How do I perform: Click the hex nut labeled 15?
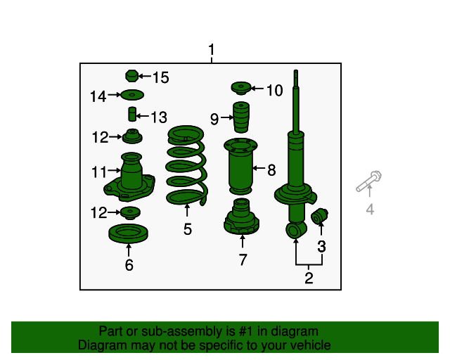[x=131, y=77]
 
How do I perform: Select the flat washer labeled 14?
[x=132, y=95]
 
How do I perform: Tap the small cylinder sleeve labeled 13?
[x=132, y=114]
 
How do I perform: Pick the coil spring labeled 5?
[x=186, y=165]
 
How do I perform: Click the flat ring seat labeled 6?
[x=128, y=233]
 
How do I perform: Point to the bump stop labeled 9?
[x=240, y=117]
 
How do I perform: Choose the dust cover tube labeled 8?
[x=240, y=167]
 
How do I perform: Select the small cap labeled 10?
[x=241, y=88]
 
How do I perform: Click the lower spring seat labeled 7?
[x=241, y=217]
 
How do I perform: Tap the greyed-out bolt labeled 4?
[x=368, y=181]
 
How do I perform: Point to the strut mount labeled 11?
[x=129, y=177]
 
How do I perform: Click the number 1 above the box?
[x=212, y=50]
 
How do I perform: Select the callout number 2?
[x=309, y=278]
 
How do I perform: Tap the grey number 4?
[x=370, y=209]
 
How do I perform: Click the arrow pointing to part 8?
[x=259, y=168]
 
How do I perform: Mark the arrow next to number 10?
[x=257, y=89]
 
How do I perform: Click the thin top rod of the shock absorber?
[x=296, y=101]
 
